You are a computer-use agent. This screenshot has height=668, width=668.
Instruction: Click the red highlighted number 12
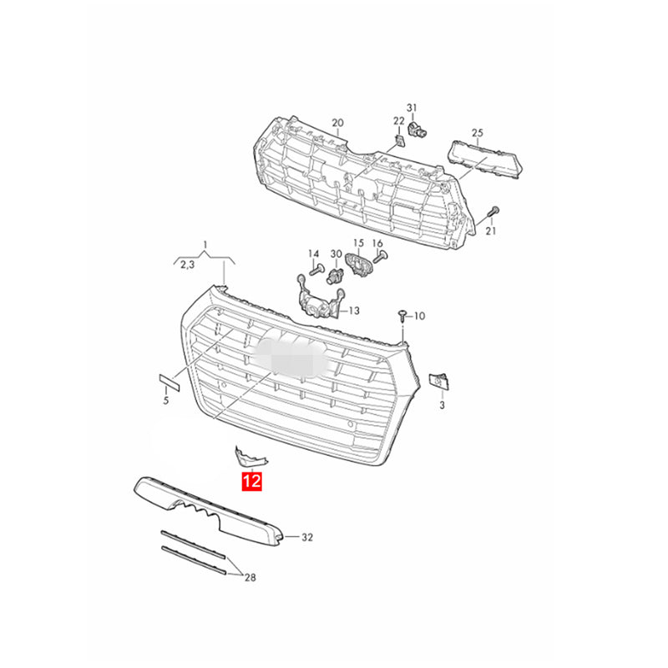(x=251, y=482)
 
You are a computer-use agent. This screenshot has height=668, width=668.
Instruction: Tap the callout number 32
(x=307, y=537)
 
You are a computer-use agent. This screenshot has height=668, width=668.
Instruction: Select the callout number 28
(x=250, y=577)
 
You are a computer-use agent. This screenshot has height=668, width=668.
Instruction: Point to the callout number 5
(x=166, y=401)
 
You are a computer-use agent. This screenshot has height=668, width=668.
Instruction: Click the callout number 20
(x=338, y=123)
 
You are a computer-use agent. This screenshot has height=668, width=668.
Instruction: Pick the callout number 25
(x=478, y=133)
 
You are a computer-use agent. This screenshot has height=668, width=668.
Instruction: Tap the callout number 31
(x=412, y=108)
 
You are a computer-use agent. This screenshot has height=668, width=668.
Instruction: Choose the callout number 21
(x=491, y=231)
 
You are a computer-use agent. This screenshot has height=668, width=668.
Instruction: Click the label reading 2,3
(x=187, y=265)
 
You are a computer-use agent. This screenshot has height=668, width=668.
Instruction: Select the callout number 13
(x=354, y=311)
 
